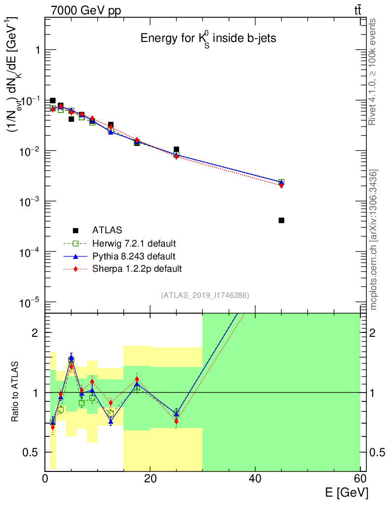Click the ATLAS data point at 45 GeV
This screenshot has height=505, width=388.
(281, 220)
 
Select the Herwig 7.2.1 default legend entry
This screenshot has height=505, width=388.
(134, 243)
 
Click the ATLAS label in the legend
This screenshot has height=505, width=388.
(107, 230)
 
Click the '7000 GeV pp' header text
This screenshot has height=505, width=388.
(86, 11)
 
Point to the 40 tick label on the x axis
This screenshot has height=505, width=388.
(255, 478)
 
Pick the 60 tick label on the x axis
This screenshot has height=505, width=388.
(360, 478)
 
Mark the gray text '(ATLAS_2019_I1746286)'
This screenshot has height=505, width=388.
(205, 295)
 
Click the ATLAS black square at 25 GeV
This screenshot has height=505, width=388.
(176, 149)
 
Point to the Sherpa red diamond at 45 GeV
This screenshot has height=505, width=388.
(281, 185)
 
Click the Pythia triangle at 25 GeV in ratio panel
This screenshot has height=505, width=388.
(176, 414)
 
